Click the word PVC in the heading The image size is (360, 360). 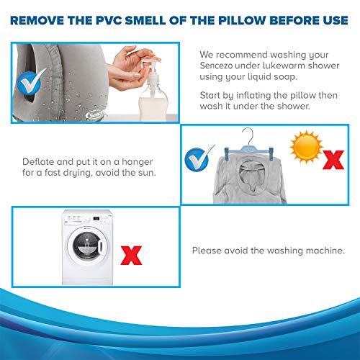(x=109, y=20)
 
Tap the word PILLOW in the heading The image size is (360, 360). (x=241, y=20)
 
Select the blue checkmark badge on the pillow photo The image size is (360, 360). (x=31, y=81)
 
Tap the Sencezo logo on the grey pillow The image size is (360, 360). (x=96, y=114)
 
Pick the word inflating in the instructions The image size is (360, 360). (x=253, y=95)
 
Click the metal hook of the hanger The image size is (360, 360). (x=248, y=136)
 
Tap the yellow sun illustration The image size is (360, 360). (x=306, y=147)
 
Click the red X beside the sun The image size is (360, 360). (x=333, y=160)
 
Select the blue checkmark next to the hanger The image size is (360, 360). (x=198, y=158)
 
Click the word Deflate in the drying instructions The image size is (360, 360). (x=38, y=162)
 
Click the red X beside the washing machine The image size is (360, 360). (x=131, y=256)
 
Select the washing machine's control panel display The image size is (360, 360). (x=96, y=219)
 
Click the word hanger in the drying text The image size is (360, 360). (x=138, y=162)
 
